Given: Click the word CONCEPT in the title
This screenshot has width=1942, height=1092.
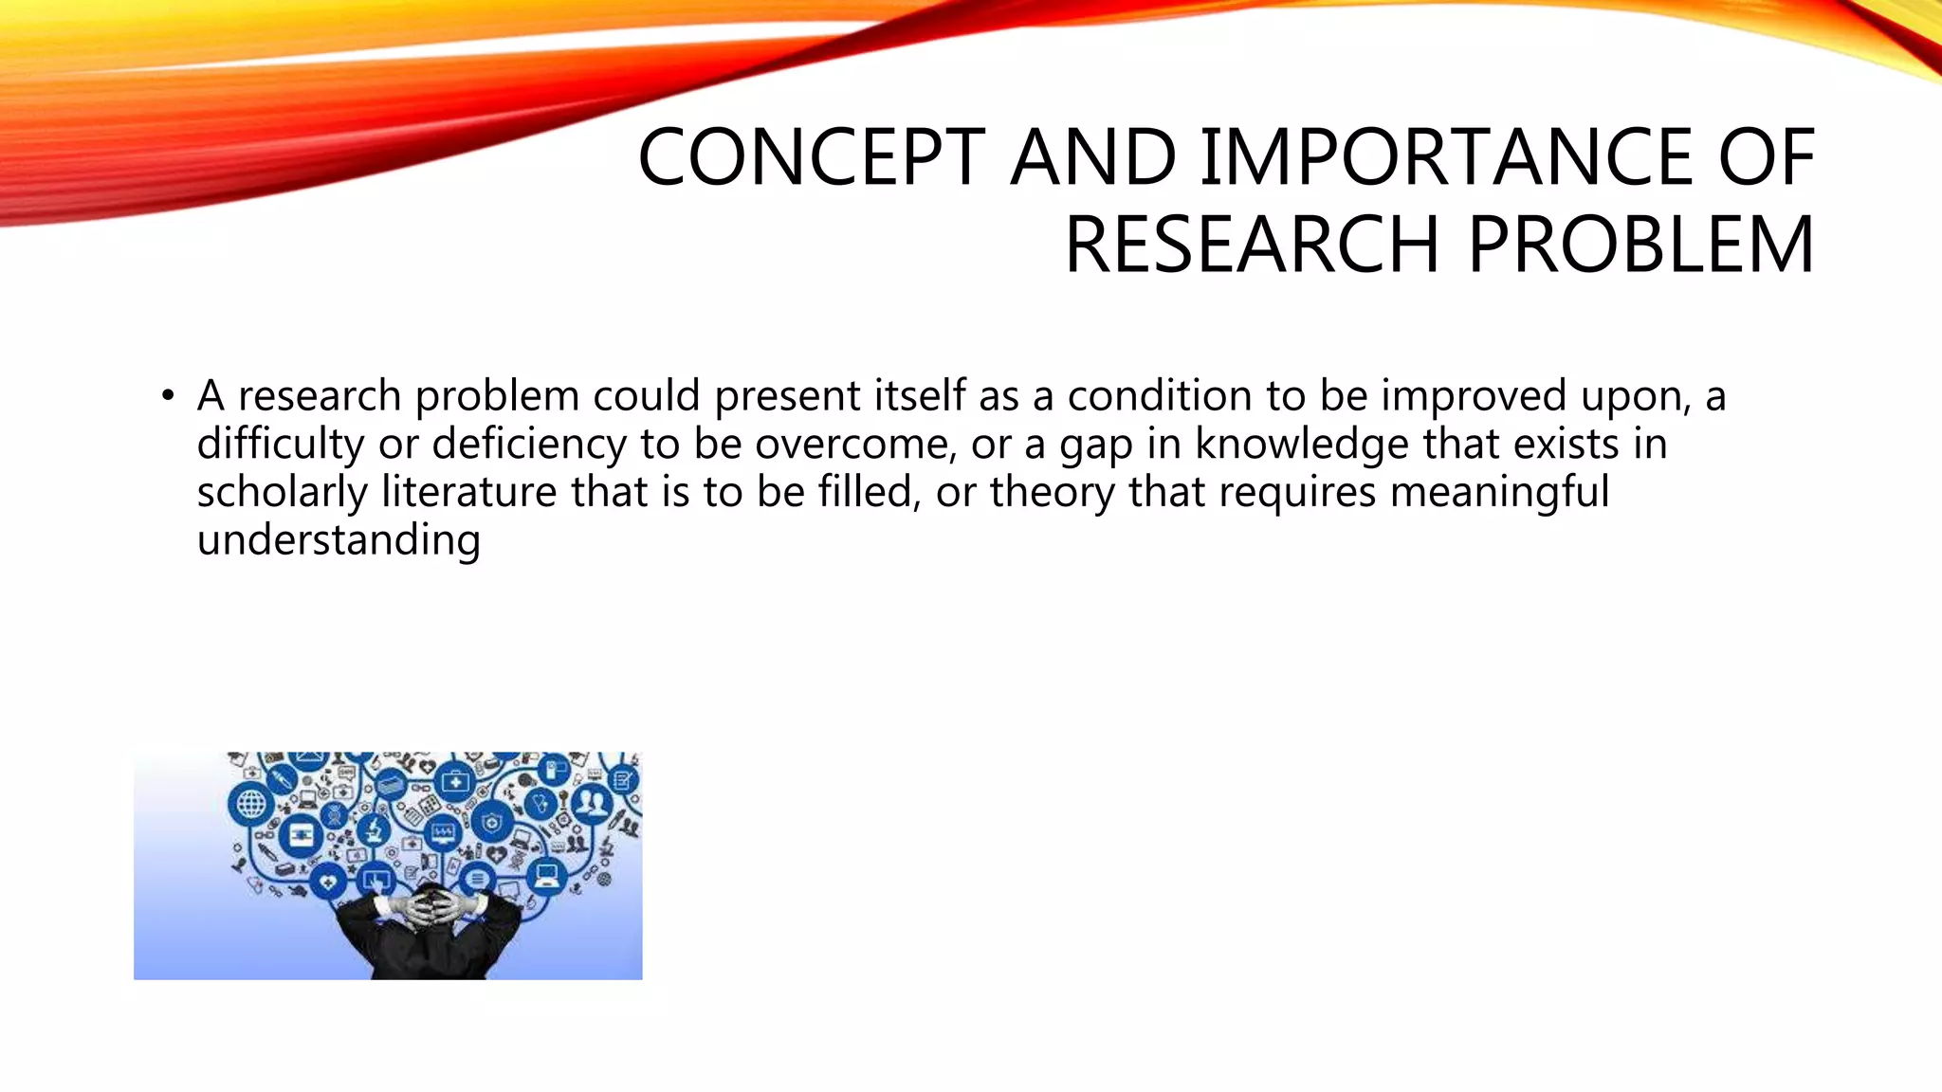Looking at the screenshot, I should click(812, 157).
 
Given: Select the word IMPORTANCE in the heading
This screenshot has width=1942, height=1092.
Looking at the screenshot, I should click(1448, 157).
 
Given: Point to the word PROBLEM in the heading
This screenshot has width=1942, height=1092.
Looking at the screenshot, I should click(1640, 245).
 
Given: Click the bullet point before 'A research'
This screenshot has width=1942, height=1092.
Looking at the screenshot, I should click(168, 395).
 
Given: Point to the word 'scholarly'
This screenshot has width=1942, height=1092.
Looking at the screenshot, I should click(282, 492).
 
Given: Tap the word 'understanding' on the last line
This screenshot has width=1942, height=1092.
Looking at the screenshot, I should click(339, 540).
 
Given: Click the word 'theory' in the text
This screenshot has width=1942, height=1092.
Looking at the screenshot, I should click(1052, 492).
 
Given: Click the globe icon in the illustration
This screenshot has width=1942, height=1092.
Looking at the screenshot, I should click(250, 805).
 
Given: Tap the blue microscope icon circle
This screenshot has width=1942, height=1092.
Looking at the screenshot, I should click(374, 831).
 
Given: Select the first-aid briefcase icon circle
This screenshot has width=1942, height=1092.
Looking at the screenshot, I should click(456, 783).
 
